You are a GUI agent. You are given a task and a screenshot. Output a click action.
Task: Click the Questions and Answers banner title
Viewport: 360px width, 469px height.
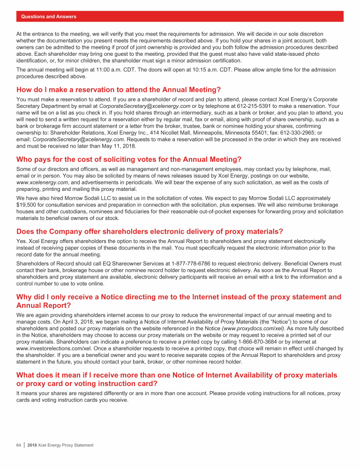[x=49, y=17]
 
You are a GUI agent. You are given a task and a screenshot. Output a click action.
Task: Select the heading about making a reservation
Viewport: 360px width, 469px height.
[x=118, y=90]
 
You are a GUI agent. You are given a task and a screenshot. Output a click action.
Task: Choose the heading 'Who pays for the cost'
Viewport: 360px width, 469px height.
[x=129, y=159]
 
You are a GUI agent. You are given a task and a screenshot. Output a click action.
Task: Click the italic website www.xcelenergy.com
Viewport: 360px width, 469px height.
[x=42, y=182]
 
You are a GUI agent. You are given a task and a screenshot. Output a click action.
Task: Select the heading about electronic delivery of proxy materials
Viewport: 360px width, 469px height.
[x=150, y=231]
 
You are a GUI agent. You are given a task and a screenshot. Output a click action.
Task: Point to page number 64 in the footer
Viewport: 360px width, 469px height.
[x=19, y=445]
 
